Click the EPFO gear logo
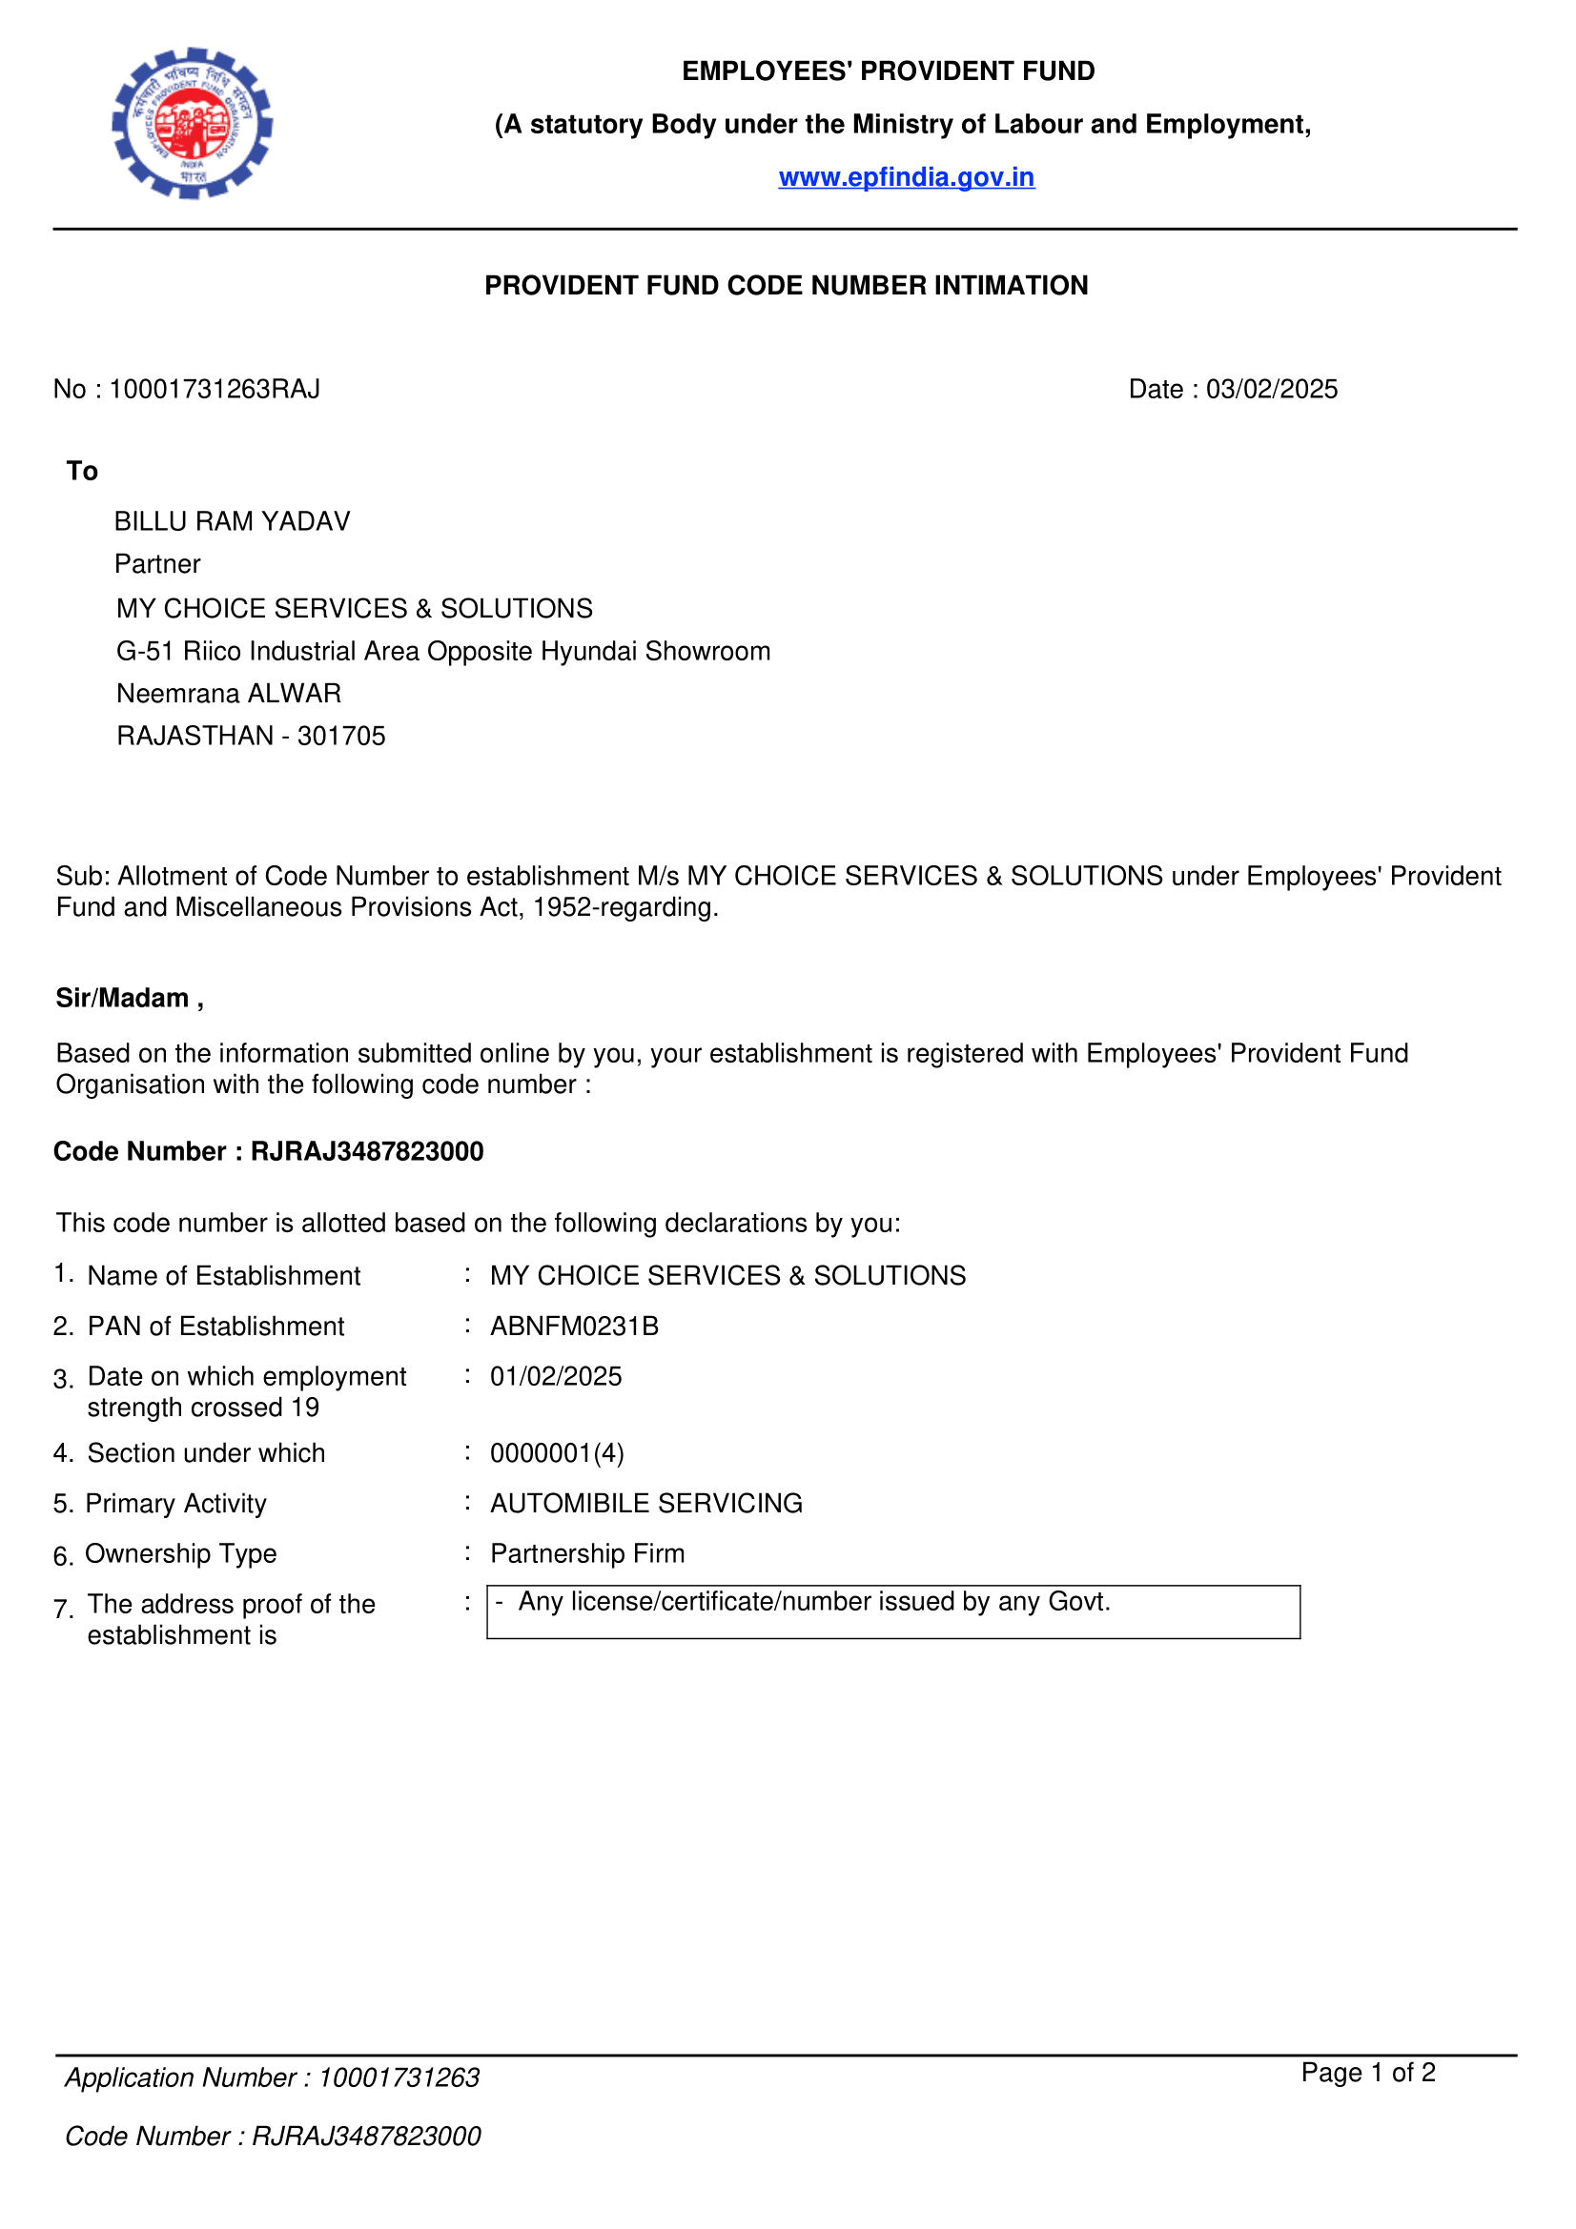click(192, 123)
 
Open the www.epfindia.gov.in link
click(906, 176)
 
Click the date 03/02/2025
click(1271, 390)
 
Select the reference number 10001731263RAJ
click(215, 390)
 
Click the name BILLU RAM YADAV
click(232, 521)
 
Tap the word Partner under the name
click(157, 564)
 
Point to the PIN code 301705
click(342, 736)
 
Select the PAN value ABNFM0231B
click(574, 1327)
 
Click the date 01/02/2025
click(556, 1377)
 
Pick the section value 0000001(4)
click(557, 1453)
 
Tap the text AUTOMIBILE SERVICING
click(645, 1503)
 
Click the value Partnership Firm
click(586, 1553)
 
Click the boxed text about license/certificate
click(813, 1601)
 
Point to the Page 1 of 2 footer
click(1367, 2073)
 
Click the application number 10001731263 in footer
click(399, 2077)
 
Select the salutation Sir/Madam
click(122, 998)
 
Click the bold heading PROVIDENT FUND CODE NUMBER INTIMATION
click(787, 286)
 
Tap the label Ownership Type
click(180, 1553)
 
